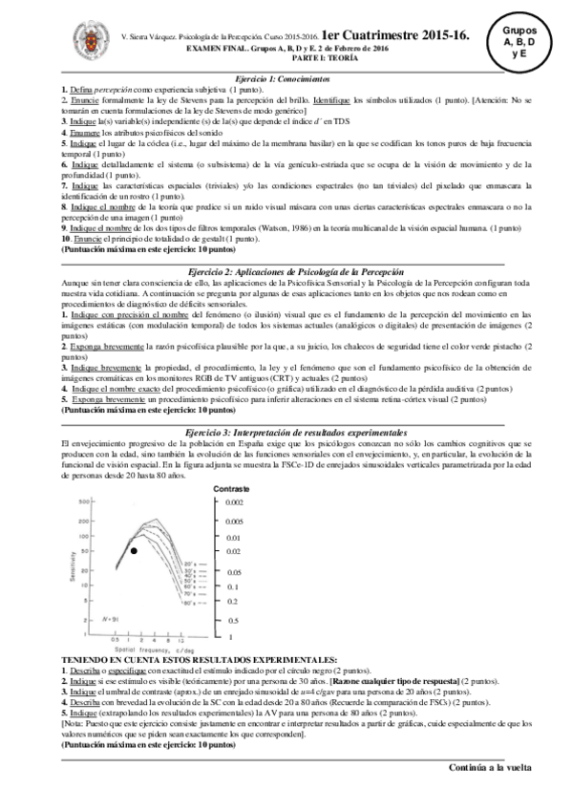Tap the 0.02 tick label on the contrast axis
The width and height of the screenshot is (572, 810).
pos(235,551)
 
